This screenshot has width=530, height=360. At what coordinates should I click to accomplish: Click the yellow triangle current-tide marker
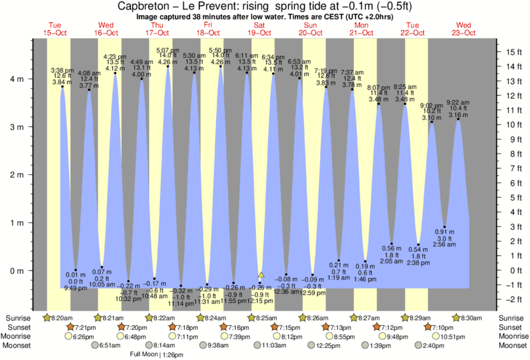click(x=261, y=275)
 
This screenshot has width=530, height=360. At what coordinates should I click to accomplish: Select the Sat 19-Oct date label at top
click(x=260, y=28)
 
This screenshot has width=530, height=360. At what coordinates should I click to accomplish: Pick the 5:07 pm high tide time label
click(x=168, y=50)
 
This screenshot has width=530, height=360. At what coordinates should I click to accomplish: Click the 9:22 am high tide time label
click(x=458, y=103)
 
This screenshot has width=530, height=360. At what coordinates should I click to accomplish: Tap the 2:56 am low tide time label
click(x=445, y=245)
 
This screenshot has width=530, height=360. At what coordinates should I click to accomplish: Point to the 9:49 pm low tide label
click(x=75, y=288)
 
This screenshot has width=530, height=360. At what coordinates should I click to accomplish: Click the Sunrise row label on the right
click(x=511, y=317)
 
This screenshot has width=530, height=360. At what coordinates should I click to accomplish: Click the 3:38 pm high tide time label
click(x=62, y=69)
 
